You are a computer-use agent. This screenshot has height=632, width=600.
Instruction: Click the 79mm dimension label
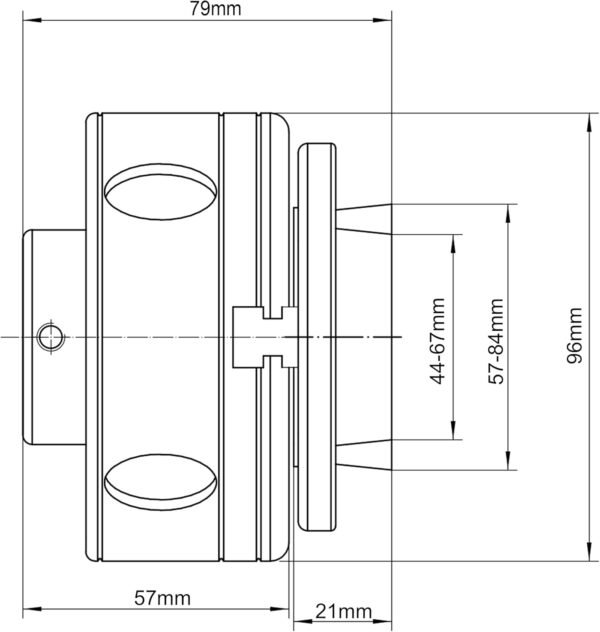point(207,9)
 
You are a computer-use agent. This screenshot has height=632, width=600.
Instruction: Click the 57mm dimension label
point(162,598)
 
